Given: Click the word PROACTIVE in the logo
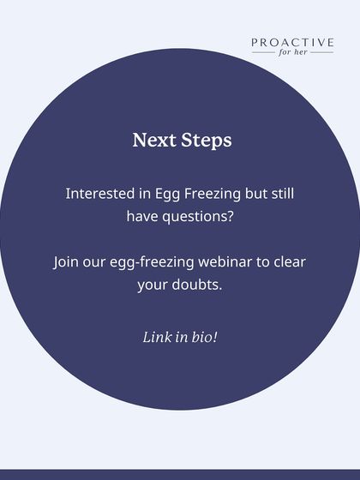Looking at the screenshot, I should click(292, 42).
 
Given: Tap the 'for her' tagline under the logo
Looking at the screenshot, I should click(292, 52).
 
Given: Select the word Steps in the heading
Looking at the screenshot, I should click(207, 141).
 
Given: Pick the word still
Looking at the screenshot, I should click(279, 194).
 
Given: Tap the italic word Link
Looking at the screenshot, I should click(157, 337).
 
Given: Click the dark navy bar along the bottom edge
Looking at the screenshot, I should click(180, 475).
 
